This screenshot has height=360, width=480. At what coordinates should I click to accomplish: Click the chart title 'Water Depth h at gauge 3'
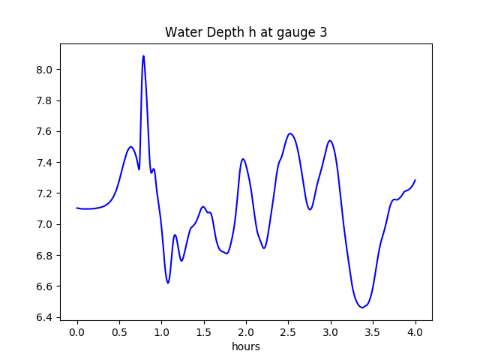[x=246, y=32]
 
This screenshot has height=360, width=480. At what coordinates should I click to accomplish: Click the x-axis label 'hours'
[x=246, y=347]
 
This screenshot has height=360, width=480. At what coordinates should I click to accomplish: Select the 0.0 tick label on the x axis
[x=77, y=331]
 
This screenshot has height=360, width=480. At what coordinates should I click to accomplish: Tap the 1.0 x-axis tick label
[x=162, y=331]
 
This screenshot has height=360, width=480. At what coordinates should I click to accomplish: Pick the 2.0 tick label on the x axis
[x=246, y=331]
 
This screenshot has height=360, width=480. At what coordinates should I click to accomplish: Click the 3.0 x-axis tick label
[x=331, y=331]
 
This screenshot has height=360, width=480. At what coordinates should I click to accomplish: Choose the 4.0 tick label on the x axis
[x=415, y=331]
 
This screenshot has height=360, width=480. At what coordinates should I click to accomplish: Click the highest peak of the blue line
[x=143, y=55]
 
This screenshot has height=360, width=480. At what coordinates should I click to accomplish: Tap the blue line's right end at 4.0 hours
[x=415, y=180]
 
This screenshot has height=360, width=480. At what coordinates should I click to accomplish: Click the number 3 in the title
[x=323, y=32]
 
